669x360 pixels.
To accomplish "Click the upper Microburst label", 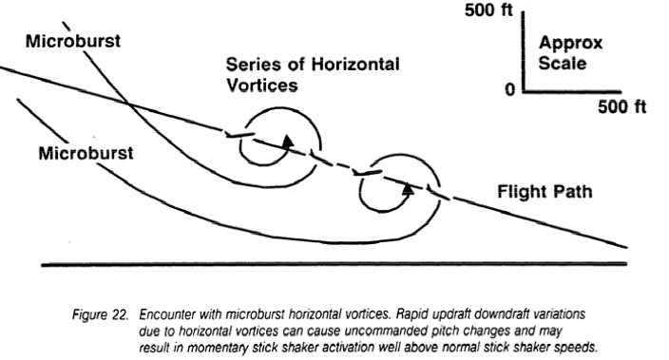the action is (x=73, y=42).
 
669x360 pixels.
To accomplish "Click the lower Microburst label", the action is (x=86, y=153).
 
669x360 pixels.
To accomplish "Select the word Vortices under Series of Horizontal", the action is (x=262, y=85).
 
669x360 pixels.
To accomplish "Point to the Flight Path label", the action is (x=545, y=192).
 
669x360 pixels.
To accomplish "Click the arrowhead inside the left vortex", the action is (x=289, y=142).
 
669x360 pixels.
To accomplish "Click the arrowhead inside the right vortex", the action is (x=409, y=188).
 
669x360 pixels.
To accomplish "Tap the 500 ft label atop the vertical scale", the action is (x=488, y=9).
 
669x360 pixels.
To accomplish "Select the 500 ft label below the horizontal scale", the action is (x=622, y=106).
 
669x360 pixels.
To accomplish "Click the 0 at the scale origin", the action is (x=510, y=89).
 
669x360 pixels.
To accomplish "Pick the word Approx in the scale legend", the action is (x=570, y=44).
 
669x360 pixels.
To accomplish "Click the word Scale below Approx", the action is (x=563, y=63).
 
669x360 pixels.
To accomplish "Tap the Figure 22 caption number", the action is (x=101, y=314).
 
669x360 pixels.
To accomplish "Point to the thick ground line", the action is (x=334, y=264).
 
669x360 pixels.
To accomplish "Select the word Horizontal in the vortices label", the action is (x=355, y=65).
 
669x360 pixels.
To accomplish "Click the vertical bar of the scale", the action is (x=523, y=51).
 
